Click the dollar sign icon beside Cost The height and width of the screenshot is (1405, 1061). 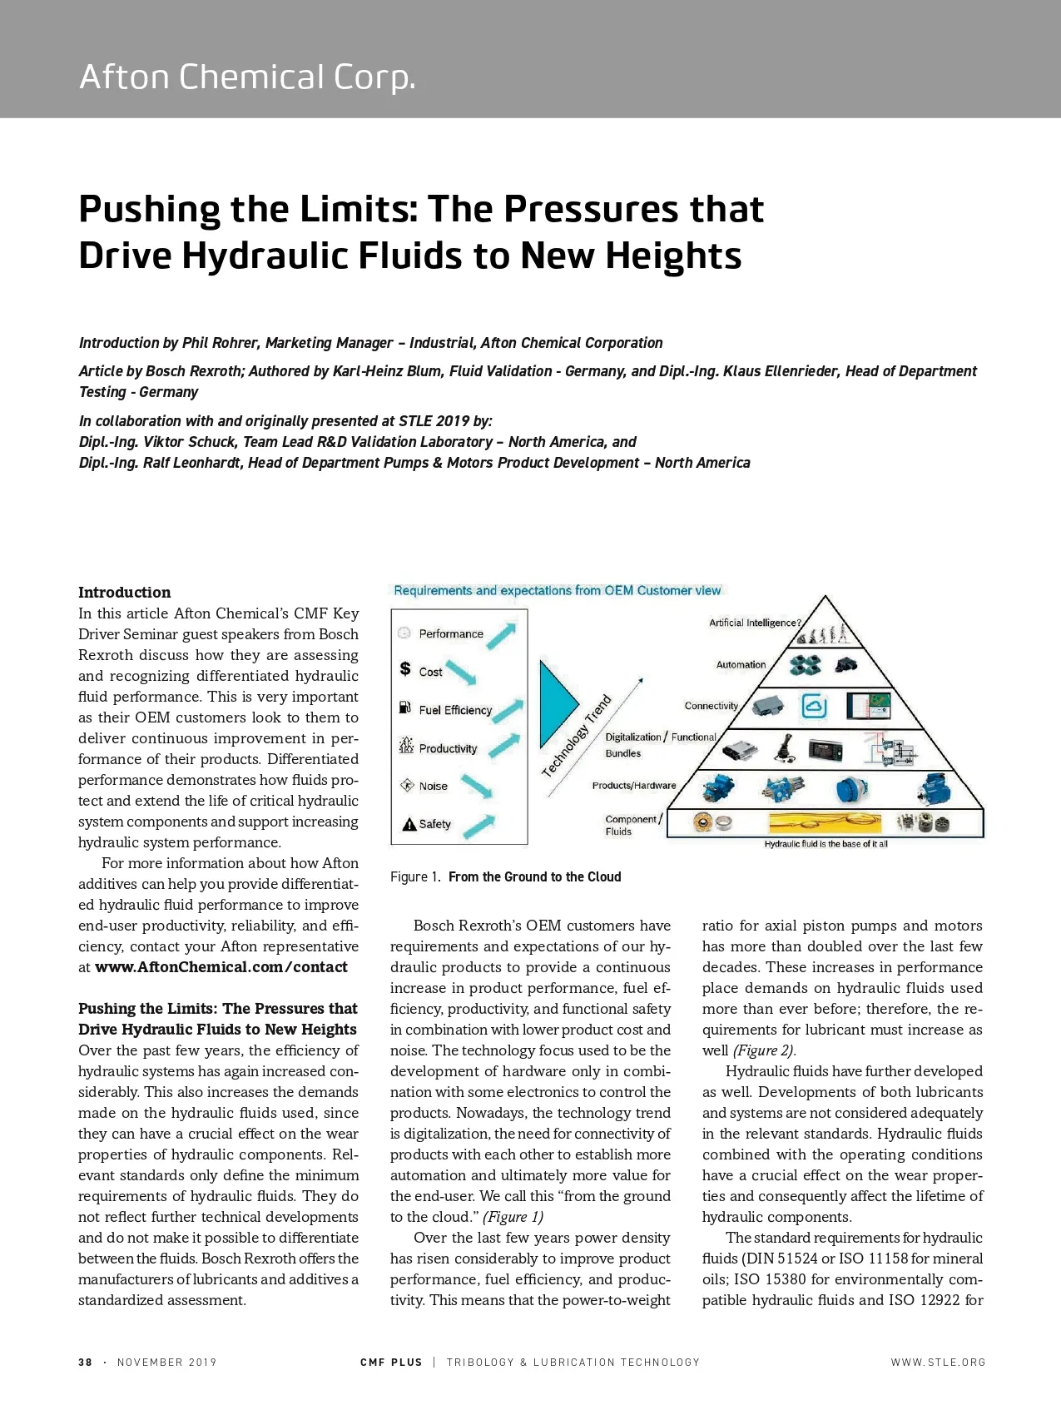405,668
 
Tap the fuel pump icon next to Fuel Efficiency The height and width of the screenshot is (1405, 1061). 405,707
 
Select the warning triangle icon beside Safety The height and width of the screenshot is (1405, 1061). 409,824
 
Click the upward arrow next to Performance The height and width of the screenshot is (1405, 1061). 501,636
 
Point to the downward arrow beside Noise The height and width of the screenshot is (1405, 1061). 477,786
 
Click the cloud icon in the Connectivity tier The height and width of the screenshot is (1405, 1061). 814,706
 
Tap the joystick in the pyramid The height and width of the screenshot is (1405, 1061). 786,747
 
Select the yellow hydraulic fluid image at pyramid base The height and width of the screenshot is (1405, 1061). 825,822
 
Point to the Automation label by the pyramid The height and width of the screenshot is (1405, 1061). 741,664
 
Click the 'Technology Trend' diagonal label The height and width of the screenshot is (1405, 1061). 577,735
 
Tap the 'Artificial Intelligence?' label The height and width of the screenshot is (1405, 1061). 755,623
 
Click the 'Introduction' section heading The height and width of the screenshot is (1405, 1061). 125,593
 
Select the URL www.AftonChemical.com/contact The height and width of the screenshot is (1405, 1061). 221,967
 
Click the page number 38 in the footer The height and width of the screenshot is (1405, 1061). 85,1363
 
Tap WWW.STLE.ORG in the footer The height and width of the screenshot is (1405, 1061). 938,1363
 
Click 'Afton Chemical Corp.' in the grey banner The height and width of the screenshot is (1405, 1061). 247,77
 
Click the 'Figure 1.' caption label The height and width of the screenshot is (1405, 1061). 414,877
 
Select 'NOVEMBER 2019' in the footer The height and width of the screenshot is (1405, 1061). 166,1363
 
